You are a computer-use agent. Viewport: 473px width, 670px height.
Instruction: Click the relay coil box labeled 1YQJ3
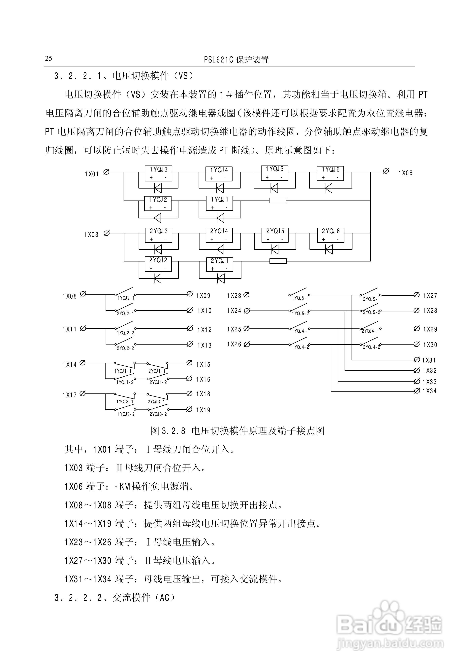click(158, 173)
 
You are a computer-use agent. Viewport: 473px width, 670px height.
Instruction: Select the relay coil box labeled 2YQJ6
click(331, 235)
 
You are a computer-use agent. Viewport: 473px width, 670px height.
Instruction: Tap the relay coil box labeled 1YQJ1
click(219, 203)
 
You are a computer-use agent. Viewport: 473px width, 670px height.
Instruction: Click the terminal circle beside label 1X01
click(107, 172)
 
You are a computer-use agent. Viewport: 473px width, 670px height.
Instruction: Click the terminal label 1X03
click(91, 235)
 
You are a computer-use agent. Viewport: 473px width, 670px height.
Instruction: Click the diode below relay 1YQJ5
click(274, 188)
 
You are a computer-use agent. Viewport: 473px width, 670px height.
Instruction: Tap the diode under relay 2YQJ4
click(220, 249)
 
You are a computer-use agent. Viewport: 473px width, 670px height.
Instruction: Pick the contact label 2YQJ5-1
click(371, 299)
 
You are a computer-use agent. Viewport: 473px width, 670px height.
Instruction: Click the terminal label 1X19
click(203, 410)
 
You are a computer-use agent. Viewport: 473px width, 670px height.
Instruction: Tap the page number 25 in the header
click(48, 58)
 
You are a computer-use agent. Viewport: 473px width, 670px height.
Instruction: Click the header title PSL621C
click(219, 60)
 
